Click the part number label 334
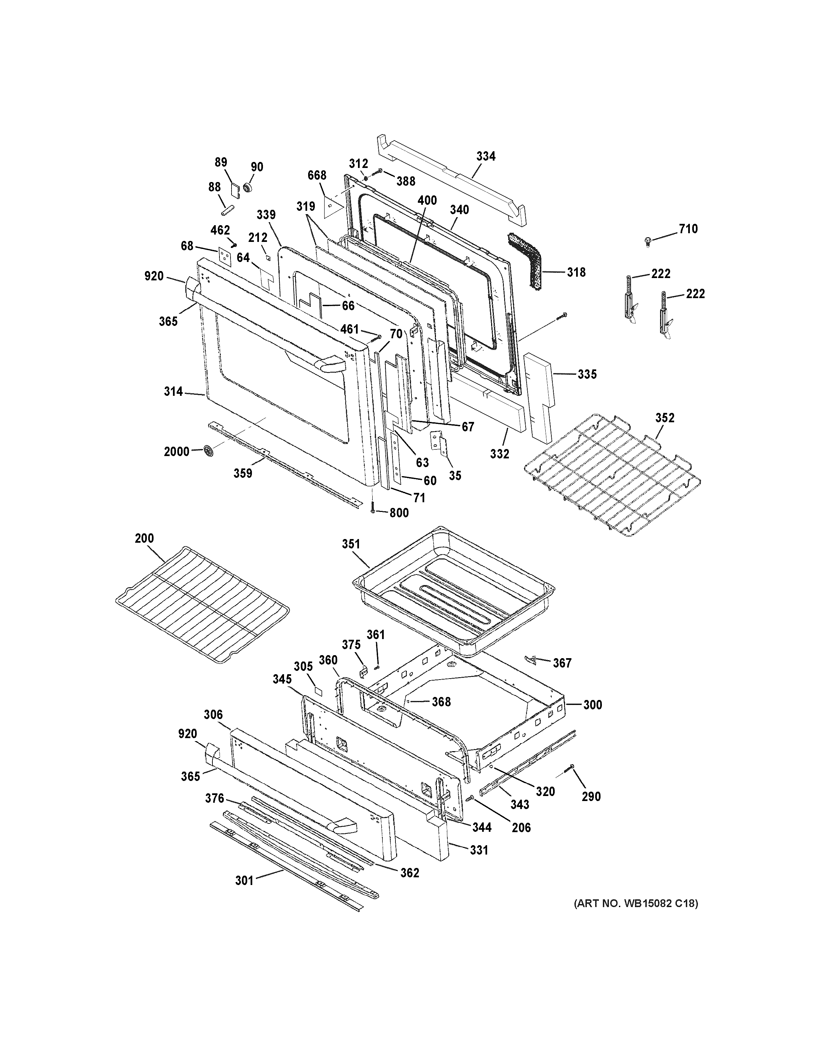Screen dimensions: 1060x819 (486, 156)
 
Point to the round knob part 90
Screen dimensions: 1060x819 (249, 187)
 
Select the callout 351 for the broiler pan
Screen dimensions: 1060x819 (351, 544)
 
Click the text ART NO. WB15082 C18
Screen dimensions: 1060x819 (636, 904)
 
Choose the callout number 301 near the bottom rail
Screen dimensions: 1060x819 (245, 880)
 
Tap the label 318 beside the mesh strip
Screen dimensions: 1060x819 (576, 272)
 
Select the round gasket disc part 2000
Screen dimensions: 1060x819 (209, 451)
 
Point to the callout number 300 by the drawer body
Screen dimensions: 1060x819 (593, 705)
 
